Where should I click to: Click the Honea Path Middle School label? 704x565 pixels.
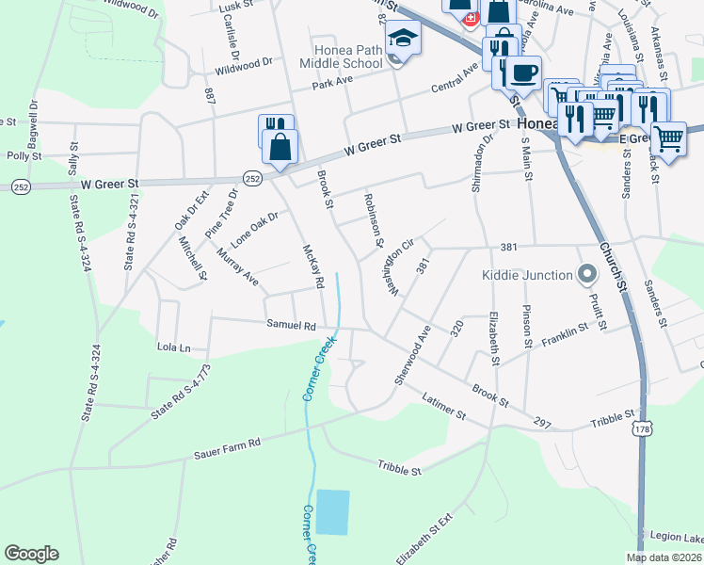tap(341, 56)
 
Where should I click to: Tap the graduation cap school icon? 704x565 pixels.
tap(404, 38)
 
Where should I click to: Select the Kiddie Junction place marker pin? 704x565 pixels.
tap(587, 275)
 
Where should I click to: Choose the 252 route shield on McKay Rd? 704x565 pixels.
tap(251, 176)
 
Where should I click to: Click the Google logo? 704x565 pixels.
tap(31, 554)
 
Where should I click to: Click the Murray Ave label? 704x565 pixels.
tap(237, 266)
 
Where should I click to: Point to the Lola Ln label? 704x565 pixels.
tap(173, 347)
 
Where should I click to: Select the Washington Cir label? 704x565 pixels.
tap(399, 267)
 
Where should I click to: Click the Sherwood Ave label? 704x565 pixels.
tap(412, 354)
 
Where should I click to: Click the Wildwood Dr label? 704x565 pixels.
tap(243, 66)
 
